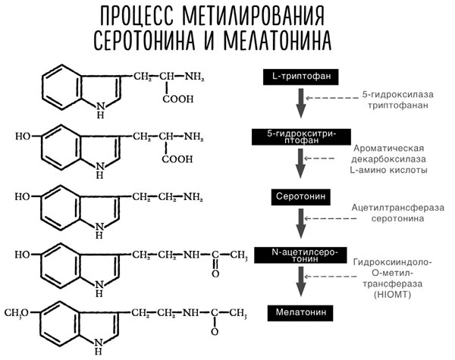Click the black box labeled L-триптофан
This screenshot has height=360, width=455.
point(300,77)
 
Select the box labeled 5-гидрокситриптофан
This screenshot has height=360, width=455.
point(300,136)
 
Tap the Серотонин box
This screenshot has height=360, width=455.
point(300,195)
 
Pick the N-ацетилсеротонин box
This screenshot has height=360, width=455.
point(300,253)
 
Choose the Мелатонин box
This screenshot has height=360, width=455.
point(300,311)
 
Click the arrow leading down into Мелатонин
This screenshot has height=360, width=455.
point(301,281)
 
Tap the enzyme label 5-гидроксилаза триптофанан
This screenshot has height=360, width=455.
point(390,101)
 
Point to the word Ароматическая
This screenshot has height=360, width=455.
point(388,148)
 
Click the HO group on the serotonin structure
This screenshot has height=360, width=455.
point(24,197)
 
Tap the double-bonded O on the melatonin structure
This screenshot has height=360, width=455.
point(215,333)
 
